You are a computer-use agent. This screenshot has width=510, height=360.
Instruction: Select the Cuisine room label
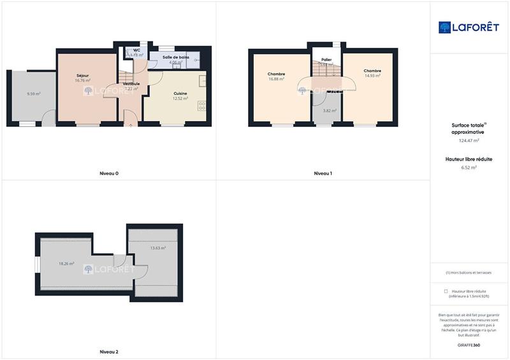180,93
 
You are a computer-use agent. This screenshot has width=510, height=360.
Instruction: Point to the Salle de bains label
175,57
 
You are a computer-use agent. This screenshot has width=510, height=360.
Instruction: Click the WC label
136,50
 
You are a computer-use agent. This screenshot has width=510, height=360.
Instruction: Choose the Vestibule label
131,83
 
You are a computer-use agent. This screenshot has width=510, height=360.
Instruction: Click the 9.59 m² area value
34,94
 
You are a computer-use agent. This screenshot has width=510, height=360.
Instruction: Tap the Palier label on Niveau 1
326,59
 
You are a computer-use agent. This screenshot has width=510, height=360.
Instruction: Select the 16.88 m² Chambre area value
277,79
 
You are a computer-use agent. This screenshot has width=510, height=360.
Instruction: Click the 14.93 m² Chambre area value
372,76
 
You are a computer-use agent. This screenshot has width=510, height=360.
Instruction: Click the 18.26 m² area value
66,263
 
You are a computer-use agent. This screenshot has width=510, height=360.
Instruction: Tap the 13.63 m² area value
157,248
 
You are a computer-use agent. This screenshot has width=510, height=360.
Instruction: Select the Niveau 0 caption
109,173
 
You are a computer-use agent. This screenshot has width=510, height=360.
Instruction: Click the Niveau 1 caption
323,173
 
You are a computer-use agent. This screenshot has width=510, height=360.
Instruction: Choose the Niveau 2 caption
109,352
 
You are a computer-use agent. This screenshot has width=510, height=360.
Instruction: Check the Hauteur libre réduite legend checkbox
446,291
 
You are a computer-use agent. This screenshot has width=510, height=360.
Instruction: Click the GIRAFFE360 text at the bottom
469,345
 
